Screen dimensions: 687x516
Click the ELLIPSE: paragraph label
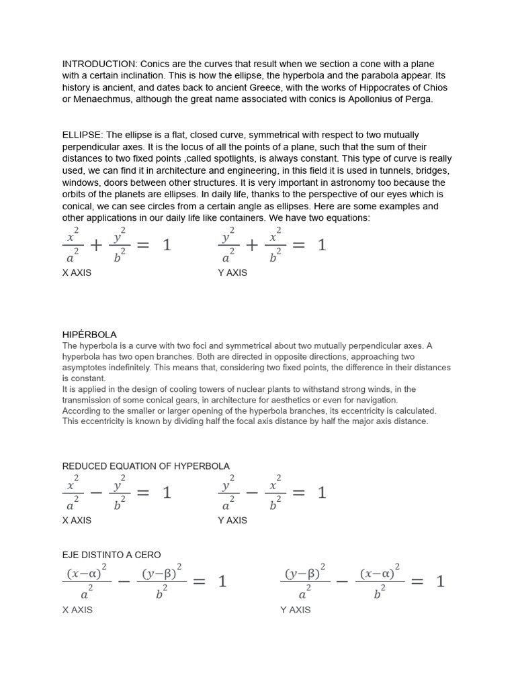[83, 135]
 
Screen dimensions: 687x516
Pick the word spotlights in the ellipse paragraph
[241, 159]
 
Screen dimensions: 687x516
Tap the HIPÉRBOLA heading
[89, 334]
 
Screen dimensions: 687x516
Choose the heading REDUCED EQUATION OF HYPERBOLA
[146, 466]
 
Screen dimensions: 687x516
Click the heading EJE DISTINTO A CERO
[112, 555]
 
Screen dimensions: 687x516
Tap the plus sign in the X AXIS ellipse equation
[96, 246]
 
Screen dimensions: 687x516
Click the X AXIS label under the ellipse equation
[77, 272]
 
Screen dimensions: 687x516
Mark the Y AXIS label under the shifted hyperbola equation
[296, 610]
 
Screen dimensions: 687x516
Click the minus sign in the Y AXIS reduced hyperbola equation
[252, 493]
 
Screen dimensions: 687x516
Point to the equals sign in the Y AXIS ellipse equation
[299, 246]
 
